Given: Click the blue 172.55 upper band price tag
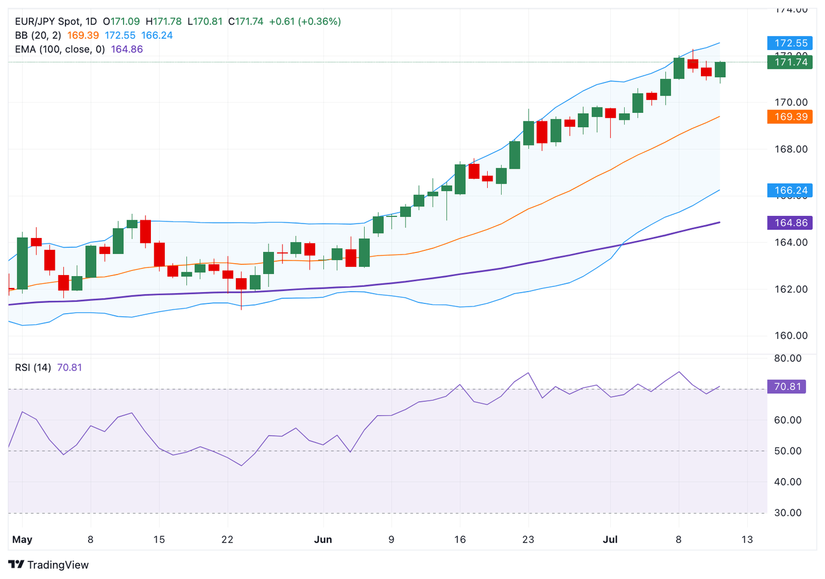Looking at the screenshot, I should pos(790,43).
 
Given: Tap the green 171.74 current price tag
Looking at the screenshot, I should pos(790,62).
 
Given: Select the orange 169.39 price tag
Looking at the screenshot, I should pos(790,117).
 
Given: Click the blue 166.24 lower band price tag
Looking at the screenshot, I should pos(790,191).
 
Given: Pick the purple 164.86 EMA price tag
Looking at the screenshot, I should pos(790,223).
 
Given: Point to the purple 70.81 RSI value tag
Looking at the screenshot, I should pos(787,387).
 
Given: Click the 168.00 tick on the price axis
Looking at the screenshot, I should pos(791,149).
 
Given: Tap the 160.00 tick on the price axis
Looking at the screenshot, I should pos(791,336).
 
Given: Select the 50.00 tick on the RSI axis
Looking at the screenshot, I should pos(787,451).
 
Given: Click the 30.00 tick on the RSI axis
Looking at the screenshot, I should pos(787,513).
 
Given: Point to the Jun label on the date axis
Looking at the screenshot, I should pos(323,540).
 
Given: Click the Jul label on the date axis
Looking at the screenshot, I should pos(610,540).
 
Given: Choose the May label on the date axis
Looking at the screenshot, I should pos(22,540).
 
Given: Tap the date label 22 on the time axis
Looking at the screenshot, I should pos(227,540).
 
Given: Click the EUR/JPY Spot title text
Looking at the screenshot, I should pos(48,21).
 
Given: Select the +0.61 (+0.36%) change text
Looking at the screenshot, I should pos(305,21).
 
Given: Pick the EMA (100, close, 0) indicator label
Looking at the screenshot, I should pos(60,49).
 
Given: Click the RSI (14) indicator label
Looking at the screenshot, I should pos(33,368).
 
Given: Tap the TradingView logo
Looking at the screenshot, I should pos(48,565).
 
